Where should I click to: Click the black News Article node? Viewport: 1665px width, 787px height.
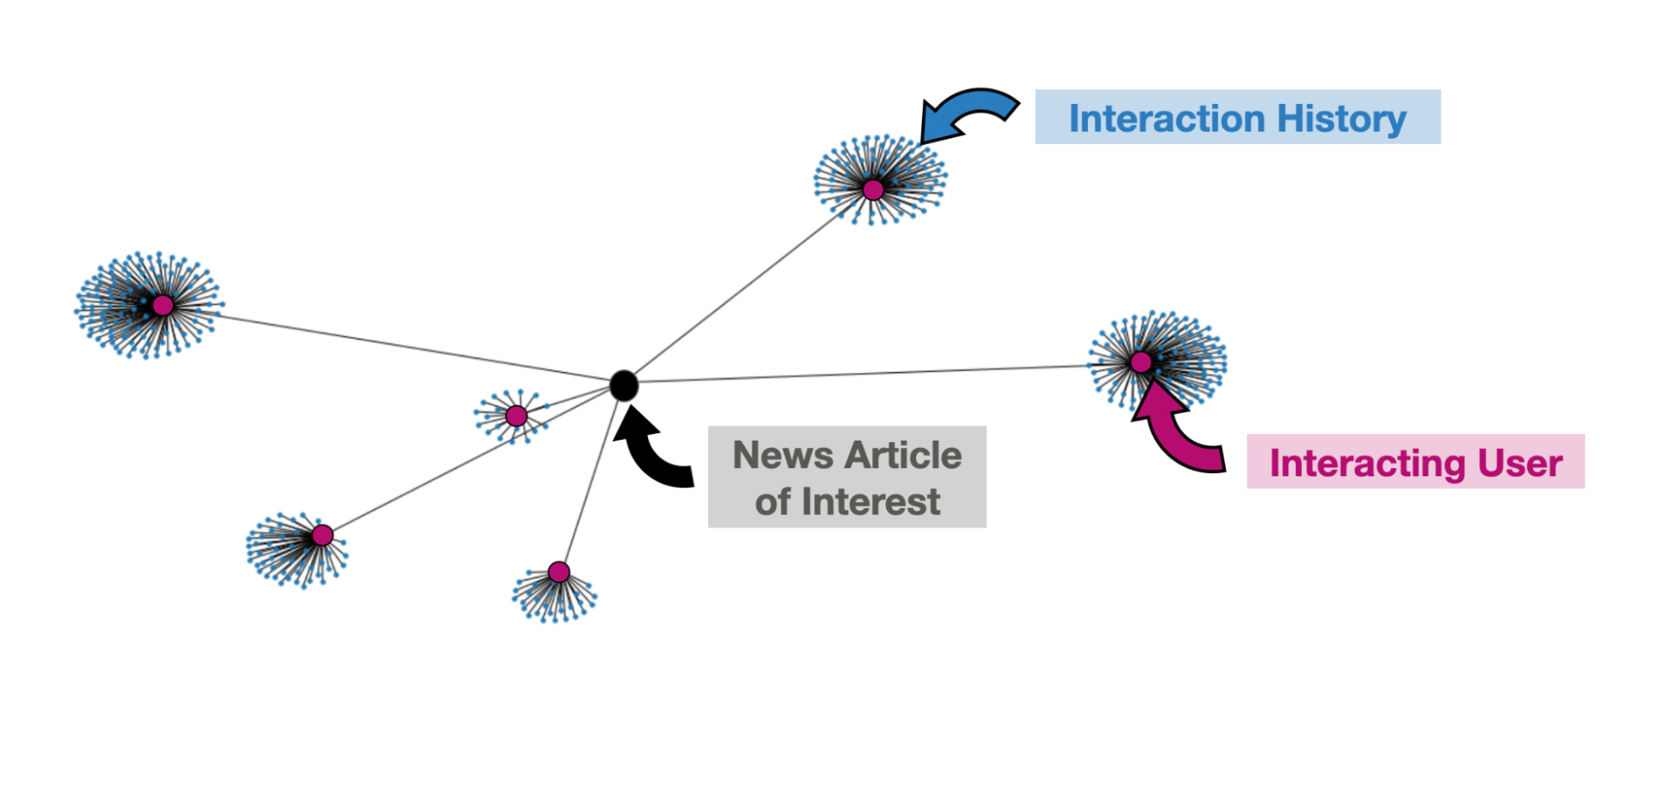click(623, 386)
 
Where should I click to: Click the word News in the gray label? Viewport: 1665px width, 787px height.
click(783, 456)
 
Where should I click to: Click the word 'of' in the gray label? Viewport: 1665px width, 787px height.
click(772, 502)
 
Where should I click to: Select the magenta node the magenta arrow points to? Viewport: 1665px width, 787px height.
click(1140, 362)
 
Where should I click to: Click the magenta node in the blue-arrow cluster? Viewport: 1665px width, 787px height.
click(873, 190)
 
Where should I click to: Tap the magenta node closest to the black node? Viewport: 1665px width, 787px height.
click(516, 416)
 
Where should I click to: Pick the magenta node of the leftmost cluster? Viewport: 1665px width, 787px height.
click(163, 306)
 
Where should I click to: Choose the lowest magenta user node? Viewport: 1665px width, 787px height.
click(559, 572)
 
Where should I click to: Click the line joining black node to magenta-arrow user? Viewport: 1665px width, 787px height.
click(866, 374)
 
